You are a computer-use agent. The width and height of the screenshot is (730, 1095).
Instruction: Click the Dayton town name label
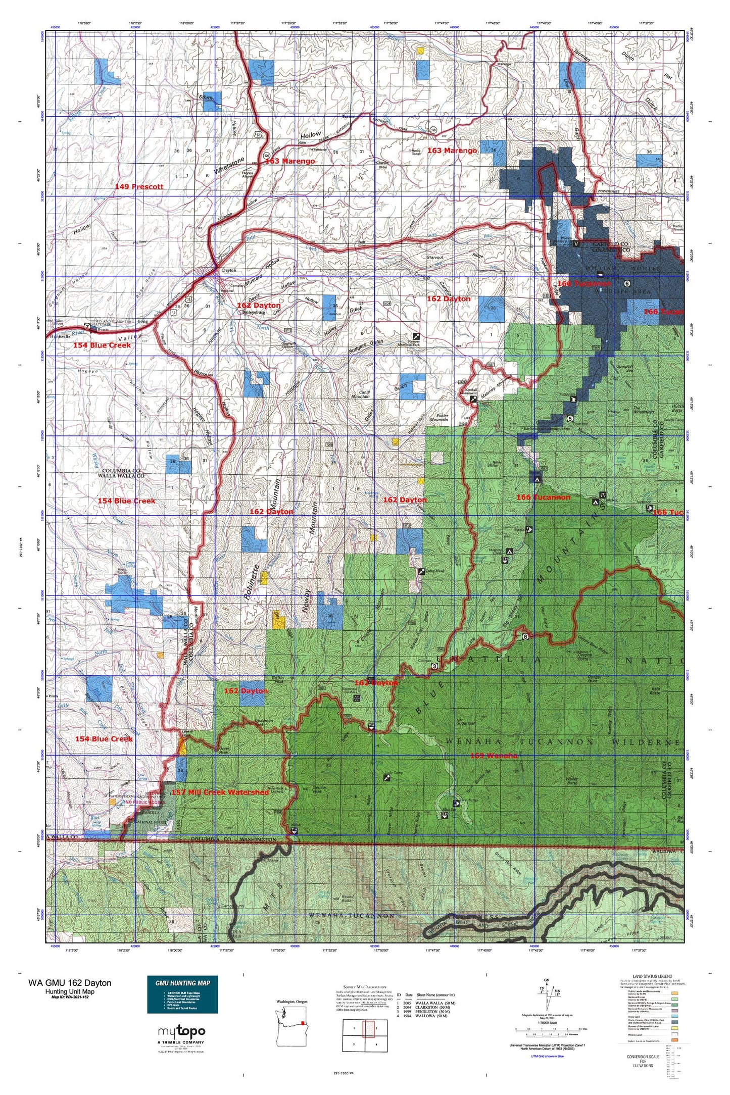(229, 270)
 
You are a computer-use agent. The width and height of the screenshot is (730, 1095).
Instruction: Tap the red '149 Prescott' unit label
(139, 186)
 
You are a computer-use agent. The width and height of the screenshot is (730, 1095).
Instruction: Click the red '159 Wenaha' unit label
(494, 756)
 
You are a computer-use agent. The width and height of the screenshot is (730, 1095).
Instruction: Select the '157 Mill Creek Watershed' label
(220, 792)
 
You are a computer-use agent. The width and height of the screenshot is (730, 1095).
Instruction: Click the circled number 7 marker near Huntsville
(87, 326)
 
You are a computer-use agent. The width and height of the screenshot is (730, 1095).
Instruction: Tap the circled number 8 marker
(526, 636)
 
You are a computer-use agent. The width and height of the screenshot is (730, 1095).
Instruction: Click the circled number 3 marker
(435, 666)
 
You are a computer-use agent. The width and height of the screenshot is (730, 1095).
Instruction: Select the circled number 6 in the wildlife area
(626, 283)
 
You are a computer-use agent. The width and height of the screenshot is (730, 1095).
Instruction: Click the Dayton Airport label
(248, 174)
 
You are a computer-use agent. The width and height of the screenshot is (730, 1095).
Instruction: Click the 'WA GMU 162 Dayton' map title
(70, 982)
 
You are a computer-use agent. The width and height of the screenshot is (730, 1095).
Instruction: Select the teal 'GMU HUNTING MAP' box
(182, 994)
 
